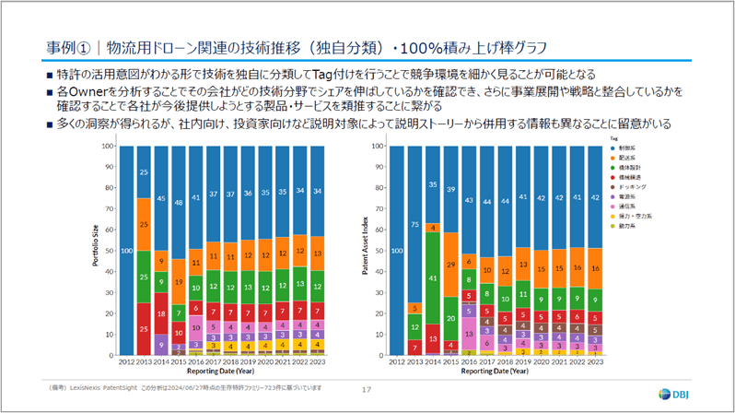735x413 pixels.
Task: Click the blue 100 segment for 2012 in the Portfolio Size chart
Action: tap(127, 251)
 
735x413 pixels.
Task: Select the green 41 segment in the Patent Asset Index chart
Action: tap(432, 277)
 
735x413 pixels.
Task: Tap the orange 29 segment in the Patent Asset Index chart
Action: tap(451, 265)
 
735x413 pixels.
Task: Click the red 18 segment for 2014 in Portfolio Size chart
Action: tap(162, 314)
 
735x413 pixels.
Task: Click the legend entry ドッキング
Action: tap(632, 187)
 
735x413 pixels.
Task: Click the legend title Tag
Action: tap(613, 136)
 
